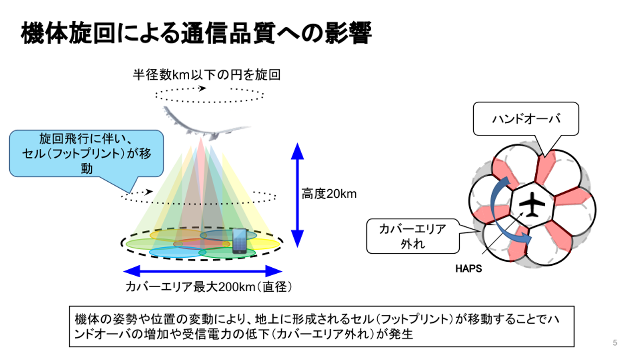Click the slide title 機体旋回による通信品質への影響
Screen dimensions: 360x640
[x=196, y=33]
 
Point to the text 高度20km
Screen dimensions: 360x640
[x=329, y=194]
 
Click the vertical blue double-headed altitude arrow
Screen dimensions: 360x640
[x=298, y=195]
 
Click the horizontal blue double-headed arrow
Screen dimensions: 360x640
[x=203, y=271]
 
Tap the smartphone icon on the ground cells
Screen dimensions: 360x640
[x=239, y=241]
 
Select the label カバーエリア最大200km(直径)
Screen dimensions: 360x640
[x=208, y=287]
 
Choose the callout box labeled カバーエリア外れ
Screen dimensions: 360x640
[x=413, y=236]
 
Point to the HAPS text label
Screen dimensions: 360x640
[x=468, y=268]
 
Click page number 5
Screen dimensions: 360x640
[x=615, y=343]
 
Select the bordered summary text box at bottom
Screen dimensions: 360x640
[x=321, y=326]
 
